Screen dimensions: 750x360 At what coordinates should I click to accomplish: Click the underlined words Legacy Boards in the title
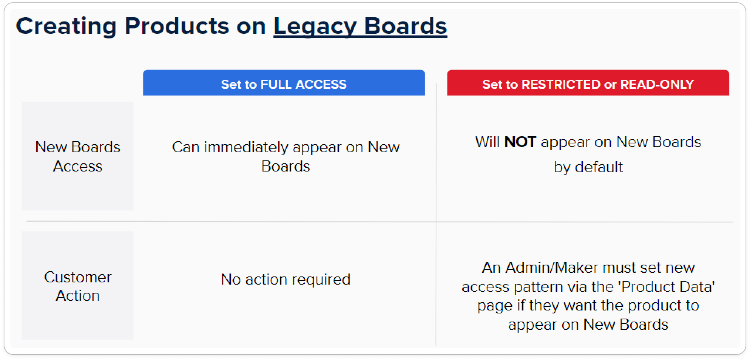tap(360, 27)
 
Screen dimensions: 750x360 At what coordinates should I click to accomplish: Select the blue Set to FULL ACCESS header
tap(284, 83)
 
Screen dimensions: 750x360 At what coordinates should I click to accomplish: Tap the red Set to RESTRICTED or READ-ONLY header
tap(588, 83)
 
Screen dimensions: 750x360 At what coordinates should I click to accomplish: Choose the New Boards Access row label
tap(78, 156)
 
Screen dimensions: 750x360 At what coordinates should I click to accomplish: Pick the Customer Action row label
tap(78, 286)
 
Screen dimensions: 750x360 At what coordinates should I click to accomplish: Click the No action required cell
tap(286, 279)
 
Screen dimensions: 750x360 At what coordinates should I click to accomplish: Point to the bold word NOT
tap(520, 142)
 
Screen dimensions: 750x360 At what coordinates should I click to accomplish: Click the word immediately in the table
tap(246, 147)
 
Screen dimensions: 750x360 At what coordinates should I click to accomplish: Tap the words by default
tap(588, 167)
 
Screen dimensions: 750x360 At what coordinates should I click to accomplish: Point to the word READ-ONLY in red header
tap(657, 84)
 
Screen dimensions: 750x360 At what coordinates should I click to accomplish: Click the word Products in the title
tap(177, 27)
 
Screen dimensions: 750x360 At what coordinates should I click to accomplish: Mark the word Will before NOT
tap(488, 142)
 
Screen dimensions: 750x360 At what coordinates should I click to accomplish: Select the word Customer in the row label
tap(78, 277)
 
